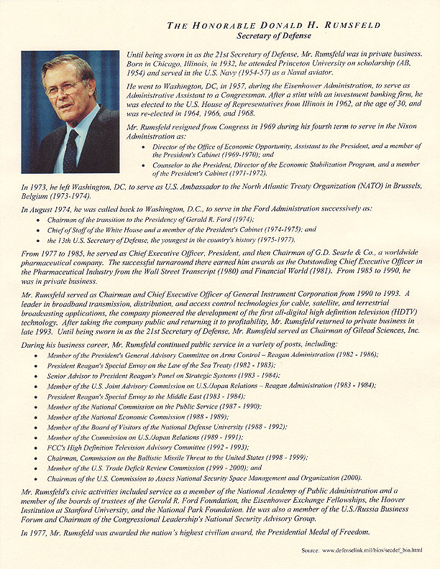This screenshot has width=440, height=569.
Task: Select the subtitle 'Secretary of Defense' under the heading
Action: coord(275,35)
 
